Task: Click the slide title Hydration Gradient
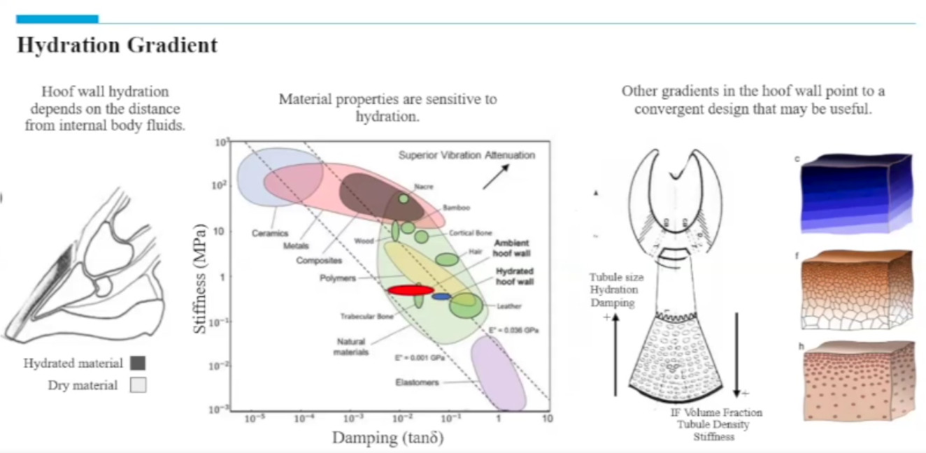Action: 117,46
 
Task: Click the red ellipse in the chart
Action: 411,289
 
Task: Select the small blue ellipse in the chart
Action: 441,296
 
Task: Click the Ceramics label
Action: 270,233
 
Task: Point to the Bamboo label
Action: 456,208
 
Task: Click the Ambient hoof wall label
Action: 515,247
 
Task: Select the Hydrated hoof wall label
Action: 515,276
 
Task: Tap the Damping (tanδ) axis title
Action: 387,438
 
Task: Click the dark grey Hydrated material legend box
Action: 138,363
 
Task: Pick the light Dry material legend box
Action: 138,385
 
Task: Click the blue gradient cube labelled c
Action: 856,193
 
